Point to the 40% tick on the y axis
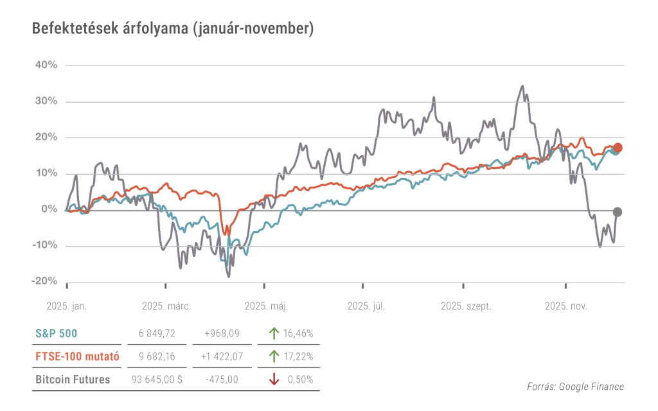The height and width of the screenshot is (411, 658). point(46,65)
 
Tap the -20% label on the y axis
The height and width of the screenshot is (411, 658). point(44,281)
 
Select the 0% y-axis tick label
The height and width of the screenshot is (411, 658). point(49,209)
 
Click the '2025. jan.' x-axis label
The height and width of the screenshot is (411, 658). point(67,306)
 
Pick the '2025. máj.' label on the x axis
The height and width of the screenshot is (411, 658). point(266,306)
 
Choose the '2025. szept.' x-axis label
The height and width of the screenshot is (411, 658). point(466,306)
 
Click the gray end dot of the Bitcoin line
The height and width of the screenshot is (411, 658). point(618,212)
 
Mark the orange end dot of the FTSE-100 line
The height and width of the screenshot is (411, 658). point(618,148)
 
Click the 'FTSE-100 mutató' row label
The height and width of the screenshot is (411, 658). point(72,356)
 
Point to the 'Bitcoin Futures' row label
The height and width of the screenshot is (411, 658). point(72,380)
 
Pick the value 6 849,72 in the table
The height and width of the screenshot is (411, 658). point(157,333)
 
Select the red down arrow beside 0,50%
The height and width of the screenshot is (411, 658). point(274,380)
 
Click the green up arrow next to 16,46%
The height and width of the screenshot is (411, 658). point(274,333)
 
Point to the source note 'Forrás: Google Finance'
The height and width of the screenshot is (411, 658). point(575,386)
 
